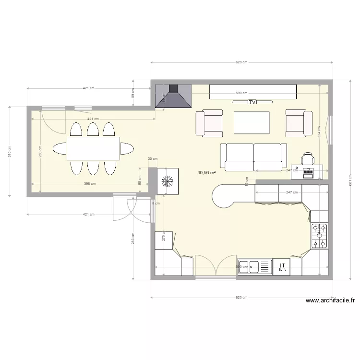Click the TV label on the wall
252,102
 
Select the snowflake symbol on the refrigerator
168,181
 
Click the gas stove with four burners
319,236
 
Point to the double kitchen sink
255,266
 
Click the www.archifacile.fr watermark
331,301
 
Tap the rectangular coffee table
251,122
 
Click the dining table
93,148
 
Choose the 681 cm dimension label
351,180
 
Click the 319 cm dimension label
9,151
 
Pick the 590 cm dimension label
241,93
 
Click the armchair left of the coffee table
209,123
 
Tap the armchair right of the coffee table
296,123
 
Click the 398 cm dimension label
90,183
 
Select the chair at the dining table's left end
60,148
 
